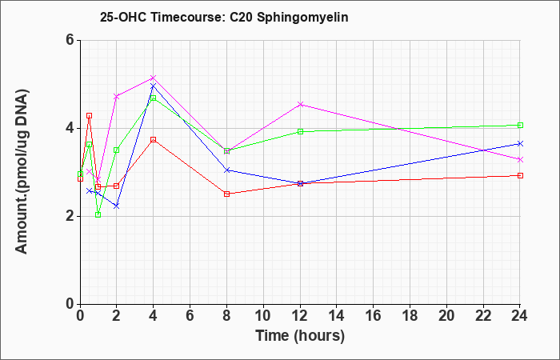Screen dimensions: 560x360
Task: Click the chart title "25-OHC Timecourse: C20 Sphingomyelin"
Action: tap(224, 17)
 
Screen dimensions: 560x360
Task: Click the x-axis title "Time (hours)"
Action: tap(300, 336)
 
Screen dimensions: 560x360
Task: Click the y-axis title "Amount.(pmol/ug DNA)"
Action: tap(22, 172)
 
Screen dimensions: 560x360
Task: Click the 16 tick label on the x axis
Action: tap(374, 315)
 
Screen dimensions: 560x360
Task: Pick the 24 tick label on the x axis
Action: tap(520, 315)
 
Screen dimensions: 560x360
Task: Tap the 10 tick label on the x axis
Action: tap(263, 315)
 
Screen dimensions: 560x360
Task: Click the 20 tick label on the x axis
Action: tap(446, 315)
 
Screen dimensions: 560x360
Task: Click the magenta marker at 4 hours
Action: tap(154, 78)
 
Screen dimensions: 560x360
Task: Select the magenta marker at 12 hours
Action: tap(300, 104)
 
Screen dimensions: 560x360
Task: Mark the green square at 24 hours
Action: tap(520, 125)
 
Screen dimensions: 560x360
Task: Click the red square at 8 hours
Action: tap(226, 194)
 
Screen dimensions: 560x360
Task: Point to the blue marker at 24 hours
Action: tap(520, 143)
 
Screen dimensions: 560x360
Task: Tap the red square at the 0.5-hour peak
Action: tap(90, 116)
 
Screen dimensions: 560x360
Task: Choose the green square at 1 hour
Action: tap(98, 214)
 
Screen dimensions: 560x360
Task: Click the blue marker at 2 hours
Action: tap(117, 206)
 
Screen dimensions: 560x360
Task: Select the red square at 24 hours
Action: tap(520, 175)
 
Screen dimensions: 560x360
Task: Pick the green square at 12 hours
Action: tap(300, 131)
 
